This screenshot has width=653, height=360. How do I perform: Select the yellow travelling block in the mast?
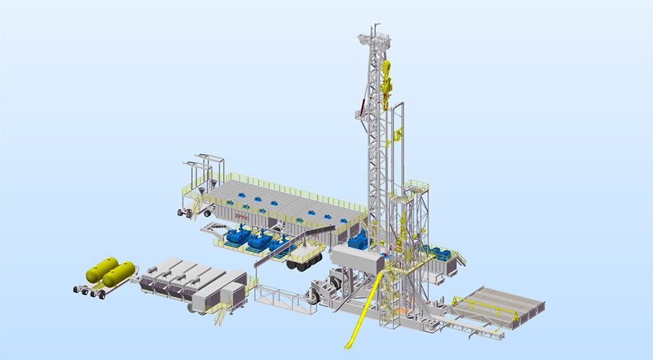click(x=387, y=78)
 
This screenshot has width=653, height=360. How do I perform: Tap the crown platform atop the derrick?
click(x=376, y=36)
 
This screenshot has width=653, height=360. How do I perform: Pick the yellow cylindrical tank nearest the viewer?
click(x=119, y=274)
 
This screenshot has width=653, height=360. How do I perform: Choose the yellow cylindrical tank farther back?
click(x=102, y=268)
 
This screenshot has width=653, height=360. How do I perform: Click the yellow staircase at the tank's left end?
click(x=196, y=207)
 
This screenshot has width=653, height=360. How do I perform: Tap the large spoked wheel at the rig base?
click(x=315, y=294)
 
